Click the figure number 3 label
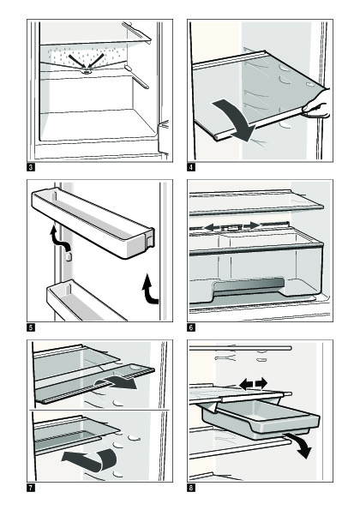pyautogui.click(x=30, y=167)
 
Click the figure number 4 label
pyautogui.click(x=191, y=167)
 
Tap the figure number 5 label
pyautogui.click(x=30, y=327)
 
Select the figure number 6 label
pyautogui.click(x=191, y=327)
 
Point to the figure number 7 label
pyautogui.click(x=30, y=488)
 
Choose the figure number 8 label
pyautogui.click(x=191, y=488)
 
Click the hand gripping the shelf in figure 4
pyautogui.click(x=317, y=105)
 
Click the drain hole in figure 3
pyautogui.click(x=87, y=71)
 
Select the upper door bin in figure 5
pyautogui.click(x=93, y=224)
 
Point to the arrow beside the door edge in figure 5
pyautogui.click(x=149, y=289)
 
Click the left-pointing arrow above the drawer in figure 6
pyautogui.click(x=213, y=226)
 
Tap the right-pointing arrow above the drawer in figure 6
pyautogui.click(x=251, y=225)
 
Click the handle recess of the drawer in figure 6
pyautogui.click(x=249, y=286)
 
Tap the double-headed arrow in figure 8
pyautogui.click(x=254, y=384)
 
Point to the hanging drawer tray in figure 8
pyautogui.click(x=261, y=418)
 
